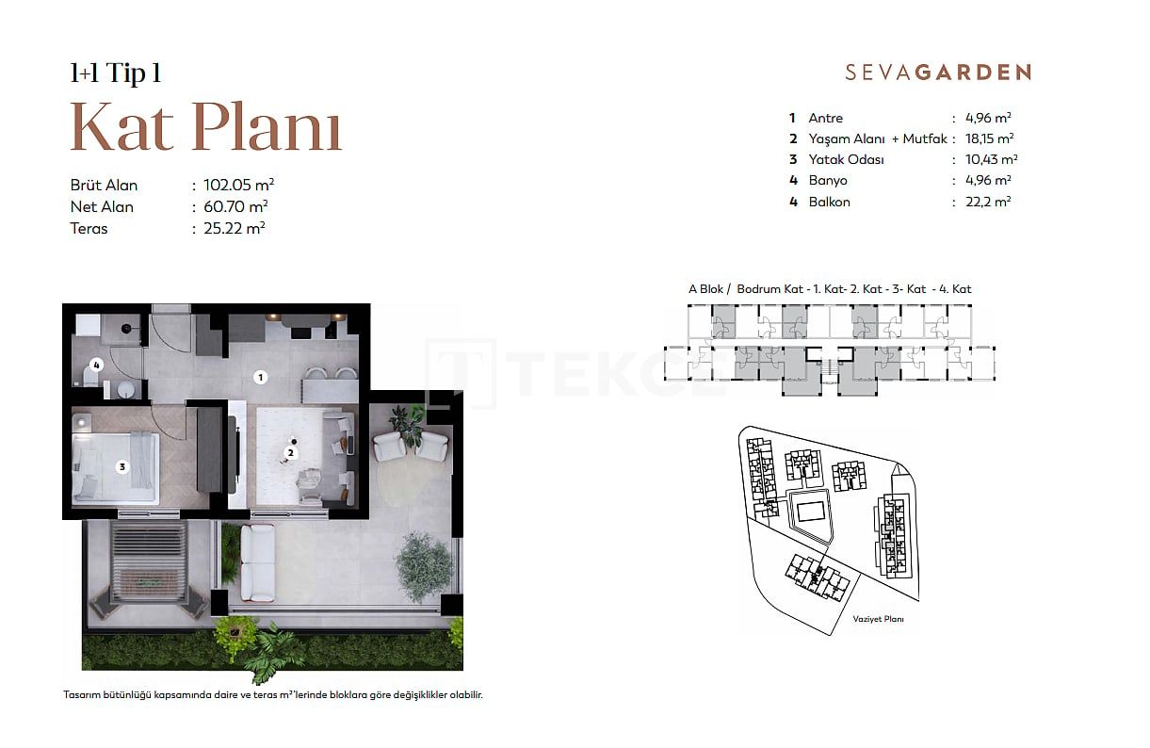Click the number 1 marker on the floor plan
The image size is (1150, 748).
(260, 378)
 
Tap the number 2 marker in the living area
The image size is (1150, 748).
(291, 453)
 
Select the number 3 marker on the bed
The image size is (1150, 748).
(122, 466)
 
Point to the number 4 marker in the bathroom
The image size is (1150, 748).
(96, 365)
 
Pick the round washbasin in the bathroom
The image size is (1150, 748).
(126, 390)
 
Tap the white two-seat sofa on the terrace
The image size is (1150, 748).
(258, 562)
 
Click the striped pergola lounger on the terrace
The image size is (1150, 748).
(149, 561)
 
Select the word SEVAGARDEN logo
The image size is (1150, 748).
(938, 73)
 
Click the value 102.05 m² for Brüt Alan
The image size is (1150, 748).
(238, 185)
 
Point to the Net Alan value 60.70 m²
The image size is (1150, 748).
(235, 206)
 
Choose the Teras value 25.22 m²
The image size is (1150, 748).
(235, 228)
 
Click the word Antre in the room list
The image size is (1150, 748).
(826, 118)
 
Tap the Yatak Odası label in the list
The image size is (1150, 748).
(846, 159)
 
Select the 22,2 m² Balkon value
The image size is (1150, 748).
(988, 202)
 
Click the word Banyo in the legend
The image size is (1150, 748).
(828, 181)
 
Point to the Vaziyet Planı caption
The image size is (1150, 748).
(879, 619)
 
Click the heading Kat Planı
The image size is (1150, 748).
(206, 126)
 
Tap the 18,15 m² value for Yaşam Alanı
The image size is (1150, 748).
(990, 138)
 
